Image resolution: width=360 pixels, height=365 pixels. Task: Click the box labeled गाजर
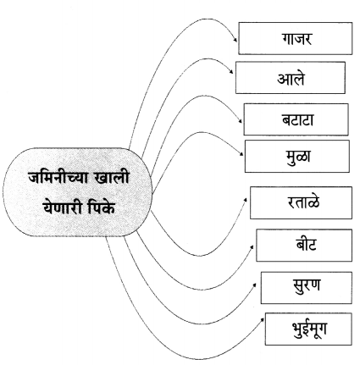[296, 38]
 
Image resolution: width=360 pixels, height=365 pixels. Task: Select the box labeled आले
[291, 78]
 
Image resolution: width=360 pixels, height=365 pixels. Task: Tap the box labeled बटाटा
[296, 119]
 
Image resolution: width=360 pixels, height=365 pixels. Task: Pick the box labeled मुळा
[297, 156]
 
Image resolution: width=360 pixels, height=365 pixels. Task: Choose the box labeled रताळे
[302, 202]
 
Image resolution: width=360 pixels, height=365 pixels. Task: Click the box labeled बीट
[304, 246]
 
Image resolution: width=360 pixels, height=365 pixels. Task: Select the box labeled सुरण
[307, 288]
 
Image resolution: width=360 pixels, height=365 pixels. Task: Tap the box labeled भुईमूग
[308, 329]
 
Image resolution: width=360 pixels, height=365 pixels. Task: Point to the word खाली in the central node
[113, 177]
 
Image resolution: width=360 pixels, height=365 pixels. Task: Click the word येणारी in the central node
[63, 208]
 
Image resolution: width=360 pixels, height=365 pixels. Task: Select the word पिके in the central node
[102, 207]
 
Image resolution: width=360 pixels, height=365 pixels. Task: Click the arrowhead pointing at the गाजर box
[235, 41]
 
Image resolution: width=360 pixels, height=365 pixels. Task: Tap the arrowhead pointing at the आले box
[232, 72]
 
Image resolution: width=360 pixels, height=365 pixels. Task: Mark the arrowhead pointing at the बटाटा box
[241, 121]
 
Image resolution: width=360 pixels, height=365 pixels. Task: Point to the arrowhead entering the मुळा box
[241, 154]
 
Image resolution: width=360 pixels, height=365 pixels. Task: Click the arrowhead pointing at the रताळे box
[246, 200]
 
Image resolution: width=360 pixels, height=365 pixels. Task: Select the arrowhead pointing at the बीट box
[252, 246]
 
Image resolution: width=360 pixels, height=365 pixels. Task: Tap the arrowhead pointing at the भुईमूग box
[263, 319]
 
